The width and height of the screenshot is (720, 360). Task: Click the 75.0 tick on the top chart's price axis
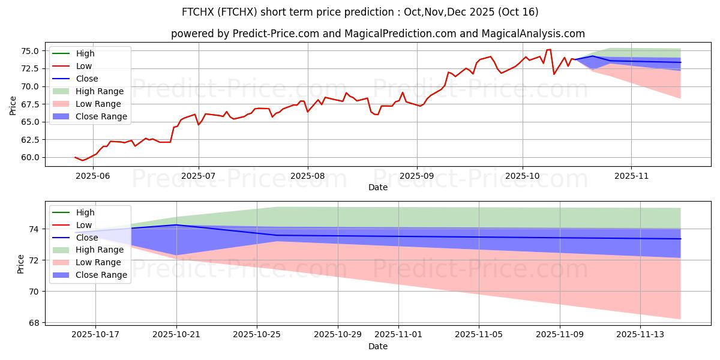coord(31,51)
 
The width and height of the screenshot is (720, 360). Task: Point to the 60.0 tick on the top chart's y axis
coord(31,157)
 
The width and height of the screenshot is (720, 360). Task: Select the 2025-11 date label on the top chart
coord(631,176)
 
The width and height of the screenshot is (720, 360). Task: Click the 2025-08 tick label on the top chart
coord(308,176)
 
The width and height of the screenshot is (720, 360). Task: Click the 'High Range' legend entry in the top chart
coord(100,91)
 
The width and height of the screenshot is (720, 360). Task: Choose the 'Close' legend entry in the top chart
coord(87,79)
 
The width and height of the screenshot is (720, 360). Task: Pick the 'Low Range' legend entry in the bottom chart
coord(98,262)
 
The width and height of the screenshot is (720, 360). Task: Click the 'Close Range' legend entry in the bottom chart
coord(101,275)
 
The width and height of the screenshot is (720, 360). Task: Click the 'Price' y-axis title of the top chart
coord(13,105)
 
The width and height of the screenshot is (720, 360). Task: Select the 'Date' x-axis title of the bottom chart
coord(378,346)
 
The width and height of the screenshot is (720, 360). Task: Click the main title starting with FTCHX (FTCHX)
coord(360,12)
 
